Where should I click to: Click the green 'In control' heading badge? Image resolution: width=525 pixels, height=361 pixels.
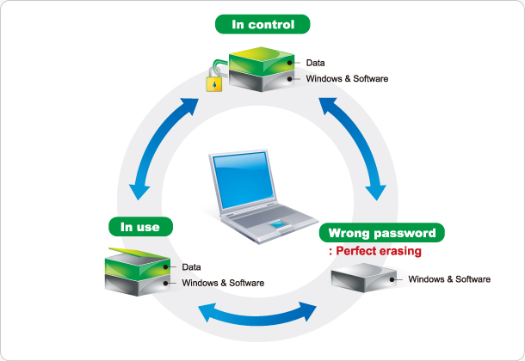(x=264, y=24)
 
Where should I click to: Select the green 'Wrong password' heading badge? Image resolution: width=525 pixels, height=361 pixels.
(x=383, y=233)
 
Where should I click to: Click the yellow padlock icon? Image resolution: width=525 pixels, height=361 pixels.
(x=213, y=82)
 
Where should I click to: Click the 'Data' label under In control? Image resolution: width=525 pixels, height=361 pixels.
(x=315, y=63)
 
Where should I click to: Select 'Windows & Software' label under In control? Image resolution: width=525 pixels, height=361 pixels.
(x=348, y=79)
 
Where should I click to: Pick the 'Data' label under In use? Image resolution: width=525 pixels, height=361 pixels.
(x=191, y=267)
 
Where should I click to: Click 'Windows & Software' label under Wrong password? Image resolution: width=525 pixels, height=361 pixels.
(x=449, y=279)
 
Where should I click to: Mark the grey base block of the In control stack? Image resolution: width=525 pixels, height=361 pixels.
(x=262, y=84)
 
